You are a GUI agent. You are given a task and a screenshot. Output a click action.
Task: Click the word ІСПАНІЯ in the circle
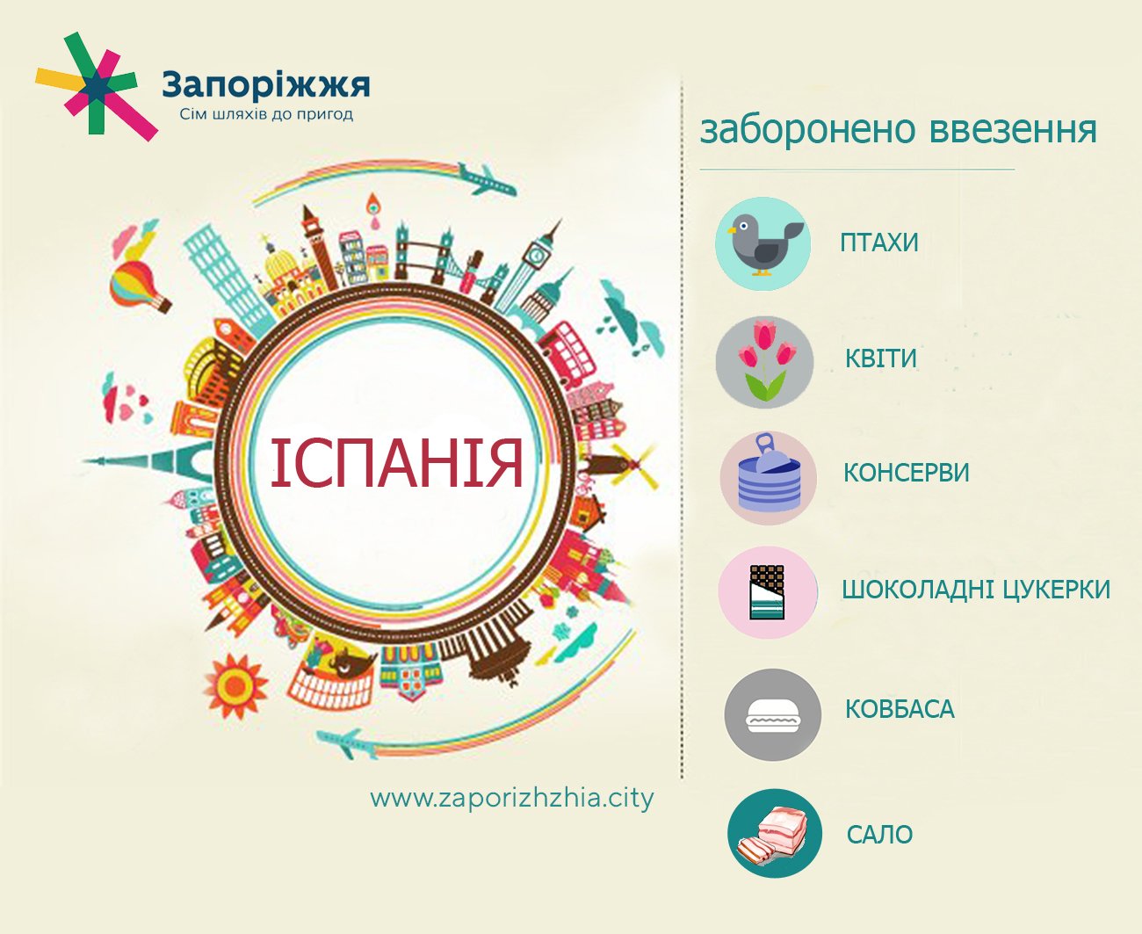point(397,463)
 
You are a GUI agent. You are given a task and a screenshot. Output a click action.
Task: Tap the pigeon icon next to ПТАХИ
point(763,243)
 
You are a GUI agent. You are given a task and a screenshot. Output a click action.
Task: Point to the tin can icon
point(768,478)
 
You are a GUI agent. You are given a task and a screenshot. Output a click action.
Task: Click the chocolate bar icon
point(767,591)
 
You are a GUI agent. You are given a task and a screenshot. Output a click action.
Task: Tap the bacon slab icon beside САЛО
point(774,834)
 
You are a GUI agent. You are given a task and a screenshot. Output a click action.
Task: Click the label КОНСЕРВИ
point(906,473)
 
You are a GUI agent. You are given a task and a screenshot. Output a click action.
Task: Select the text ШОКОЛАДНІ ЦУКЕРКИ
point(976,589)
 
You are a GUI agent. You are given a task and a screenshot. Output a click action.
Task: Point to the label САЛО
point(879,834)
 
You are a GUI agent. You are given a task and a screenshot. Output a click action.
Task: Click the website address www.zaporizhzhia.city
point(512,798)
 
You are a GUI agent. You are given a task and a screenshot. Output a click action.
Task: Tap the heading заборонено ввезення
point(898,129)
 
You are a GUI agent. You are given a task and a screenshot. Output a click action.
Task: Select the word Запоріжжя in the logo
point(266,85)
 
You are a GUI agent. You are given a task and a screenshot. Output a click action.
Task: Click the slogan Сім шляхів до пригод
point(266,114)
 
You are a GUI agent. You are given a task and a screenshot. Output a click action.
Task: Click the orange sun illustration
point(235,684)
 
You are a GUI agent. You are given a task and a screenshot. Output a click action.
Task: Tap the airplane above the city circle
point(485,179)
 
